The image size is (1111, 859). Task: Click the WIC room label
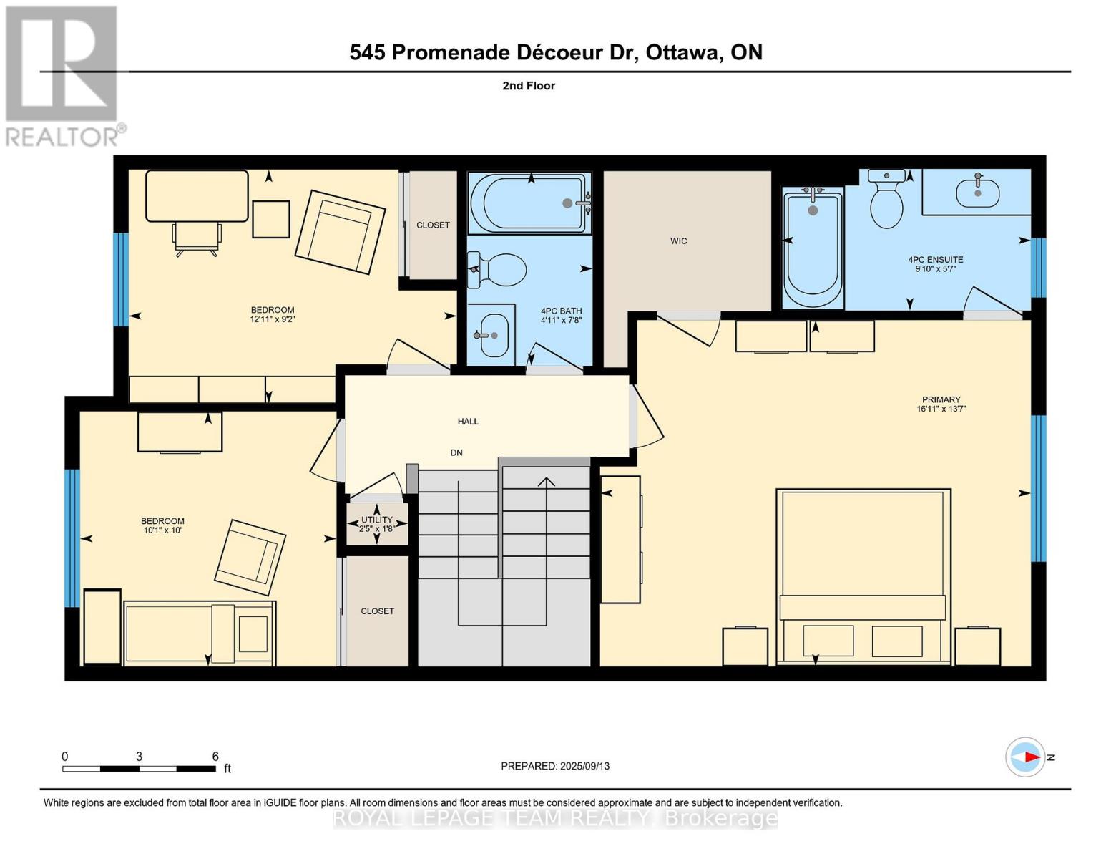(x=678, y=241)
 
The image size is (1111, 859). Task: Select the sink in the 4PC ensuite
(x=977, y=192)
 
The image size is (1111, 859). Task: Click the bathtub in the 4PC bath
(x=530, y=203)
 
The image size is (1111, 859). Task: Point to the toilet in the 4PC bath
(x=499, y=270)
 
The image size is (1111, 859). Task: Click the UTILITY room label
(x=376, y=520)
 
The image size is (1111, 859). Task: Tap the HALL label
(x=468, y=422)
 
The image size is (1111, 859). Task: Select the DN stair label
(x=456, y=452)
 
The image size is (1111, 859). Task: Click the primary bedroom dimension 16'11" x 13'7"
(x=941, y=409)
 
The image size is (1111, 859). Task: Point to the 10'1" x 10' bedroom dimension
(x=162, y=530)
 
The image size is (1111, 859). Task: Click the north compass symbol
(x=1025, y=757)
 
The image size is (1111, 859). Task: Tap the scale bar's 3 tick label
(x=139, y=757)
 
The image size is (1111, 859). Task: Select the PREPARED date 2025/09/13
(x=555, y=766)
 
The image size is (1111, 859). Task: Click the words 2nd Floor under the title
(x=529, y=86)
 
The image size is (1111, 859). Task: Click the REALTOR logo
(x=63, y=76)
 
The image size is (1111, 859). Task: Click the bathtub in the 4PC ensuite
(x=813, y=247)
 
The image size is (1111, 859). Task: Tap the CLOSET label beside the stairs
(x=377, y=611)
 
